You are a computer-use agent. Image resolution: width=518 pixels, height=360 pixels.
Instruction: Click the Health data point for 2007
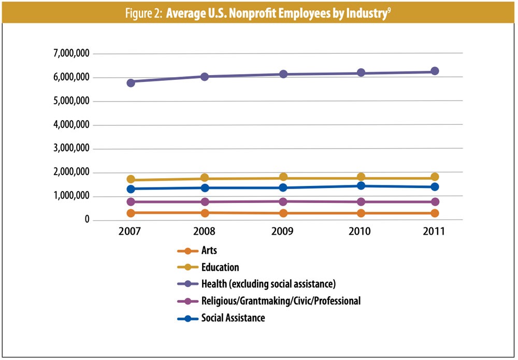[131, 82]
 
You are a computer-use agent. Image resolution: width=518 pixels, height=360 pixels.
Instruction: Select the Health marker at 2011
[435, 71]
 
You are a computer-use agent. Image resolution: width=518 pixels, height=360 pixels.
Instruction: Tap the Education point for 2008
[205, 178]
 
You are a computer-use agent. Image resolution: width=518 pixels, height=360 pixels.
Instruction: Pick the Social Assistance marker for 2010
[359, 185]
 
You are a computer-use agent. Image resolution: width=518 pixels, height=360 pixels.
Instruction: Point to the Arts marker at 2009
[283, 213]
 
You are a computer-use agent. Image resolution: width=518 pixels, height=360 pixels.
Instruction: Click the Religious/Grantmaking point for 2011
[435, 201]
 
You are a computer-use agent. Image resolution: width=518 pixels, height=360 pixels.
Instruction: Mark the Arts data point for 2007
[131, 212]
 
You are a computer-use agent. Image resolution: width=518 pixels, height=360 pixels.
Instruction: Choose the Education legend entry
[220, 267]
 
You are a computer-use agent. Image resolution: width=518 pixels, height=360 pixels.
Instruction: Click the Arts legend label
[209, 251]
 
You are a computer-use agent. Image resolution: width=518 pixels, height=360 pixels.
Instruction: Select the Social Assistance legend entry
[233, 318]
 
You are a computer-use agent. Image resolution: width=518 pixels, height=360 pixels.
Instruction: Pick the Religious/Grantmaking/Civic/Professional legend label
[281, 301]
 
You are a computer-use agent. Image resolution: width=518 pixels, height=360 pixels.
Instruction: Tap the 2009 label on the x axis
[283, 232]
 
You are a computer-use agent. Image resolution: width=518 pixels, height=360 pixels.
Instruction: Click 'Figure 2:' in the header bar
[144, 13]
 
